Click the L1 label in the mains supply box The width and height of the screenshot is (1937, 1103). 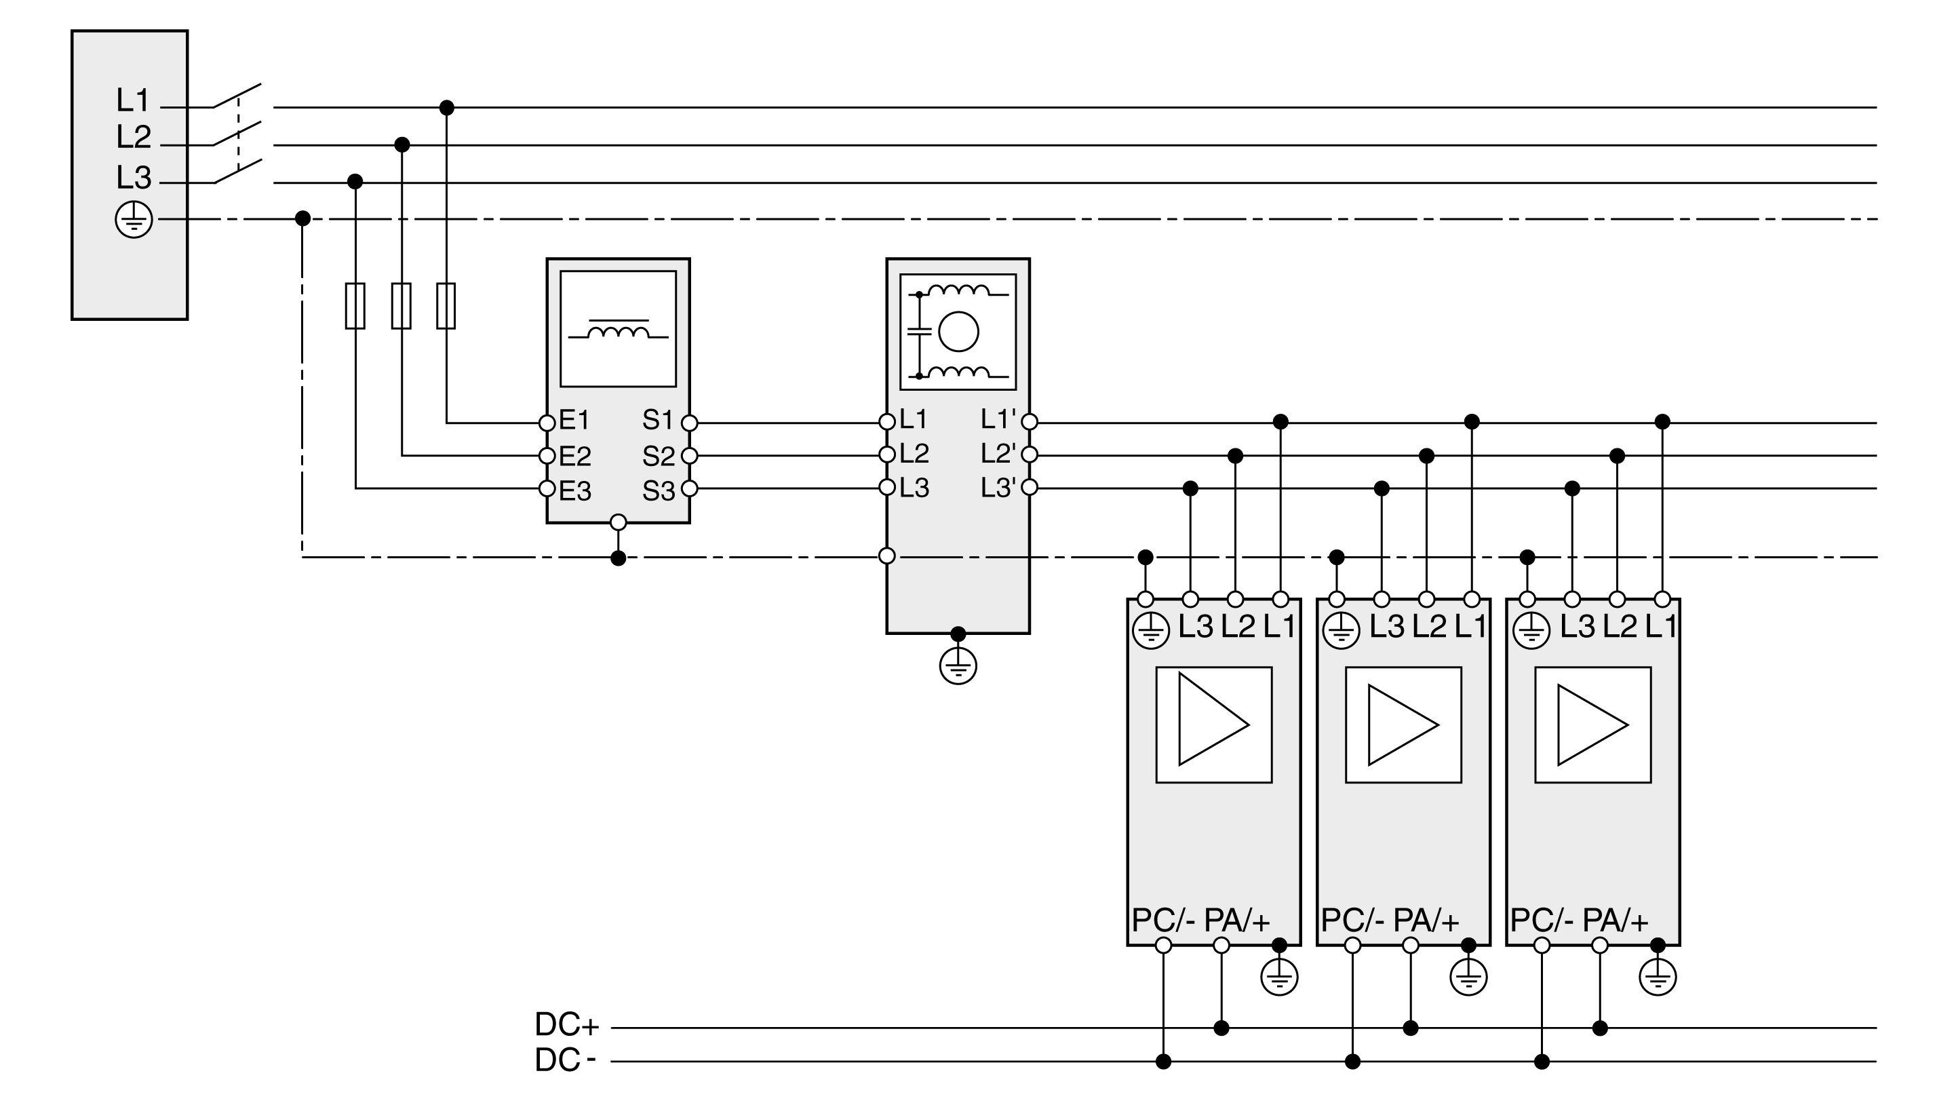[x=132, y=100]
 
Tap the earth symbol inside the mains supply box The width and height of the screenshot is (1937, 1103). [x=134, y=220]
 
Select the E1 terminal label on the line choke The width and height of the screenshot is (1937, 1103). [x=574, y=420]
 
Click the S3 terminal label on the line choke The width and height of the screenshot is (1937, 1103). [x=658, y=492]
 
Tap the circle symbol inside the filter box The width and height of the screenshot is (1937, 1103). [x=958, y=331]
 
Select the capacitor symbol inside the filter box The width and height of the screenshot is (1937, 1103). [x=918, y=331]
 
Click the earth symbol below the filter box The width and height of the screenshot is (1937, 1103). [x=958, y=667]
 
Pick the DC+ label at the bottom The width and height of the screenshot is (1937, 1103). [x=566, y=1024]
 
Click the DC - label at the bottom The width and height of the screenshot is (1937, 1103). [x=565, y=1060]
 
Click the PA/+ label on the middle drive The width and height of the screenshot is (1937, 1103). [x=1426, y=921]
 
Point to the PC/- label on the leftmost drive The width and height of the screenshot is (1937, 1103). [x=1163, y=921]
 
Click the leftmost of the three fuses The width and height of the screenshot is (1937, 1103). [x=355, y=306]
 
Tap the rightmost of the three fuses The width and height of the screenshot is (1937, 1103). [x=446, y=306]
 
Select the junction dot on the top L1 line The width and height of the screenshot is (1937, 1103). [x=447, y=108]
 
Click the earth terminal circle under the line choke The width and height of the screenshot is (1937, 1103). [x=618, y=522]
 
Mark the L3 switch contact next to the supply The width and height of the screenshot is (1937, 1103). [x=238, y=171]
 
